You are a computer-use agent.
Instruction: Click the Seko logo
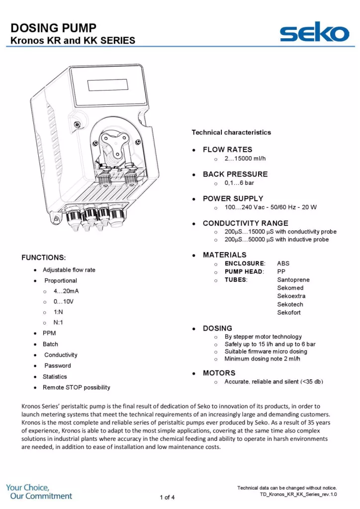[x=314, y=33]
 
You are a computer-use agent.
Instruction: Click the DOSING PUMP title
[x=54, y=28]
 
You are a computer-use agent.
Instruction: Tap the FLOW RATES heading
[x=227, y=150]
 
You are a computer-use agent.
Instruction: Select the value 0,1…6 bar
[x=239, y=183]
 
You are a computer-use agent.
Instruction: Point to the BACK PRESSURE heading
[x=235, y=174]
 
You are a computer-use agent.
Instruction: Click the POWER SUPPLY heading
[x=233, y=198]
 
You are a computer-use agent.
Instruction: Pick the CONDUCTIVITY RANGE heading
[x=245, y=223]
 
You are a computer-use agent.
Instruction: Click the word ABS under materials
[x=283, y=263]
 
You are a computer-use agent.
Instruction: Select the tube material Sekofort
[x=289, y=313]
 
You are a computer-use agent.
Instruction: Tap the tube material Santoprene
[x=293, y=280]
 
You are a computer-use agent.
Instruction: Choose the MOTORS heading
[x=219, y=373]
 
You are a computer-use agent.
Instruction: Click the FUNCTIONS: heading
[x=44, y=257]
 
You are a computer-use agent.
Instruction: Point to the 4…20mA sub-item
[x=66, y=291]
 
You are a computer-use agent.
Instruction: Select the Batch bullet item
[x=50, y=344]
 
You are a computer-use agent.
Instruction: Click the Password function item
[x=58, y=366]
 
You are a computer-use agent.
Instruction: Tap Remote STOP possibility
[x=77, y=387]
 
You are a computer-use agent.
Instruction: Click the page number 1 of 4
[x=167, y=497]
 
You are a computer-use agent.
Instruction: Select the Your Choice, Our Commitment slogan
[x=39, y=492]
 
